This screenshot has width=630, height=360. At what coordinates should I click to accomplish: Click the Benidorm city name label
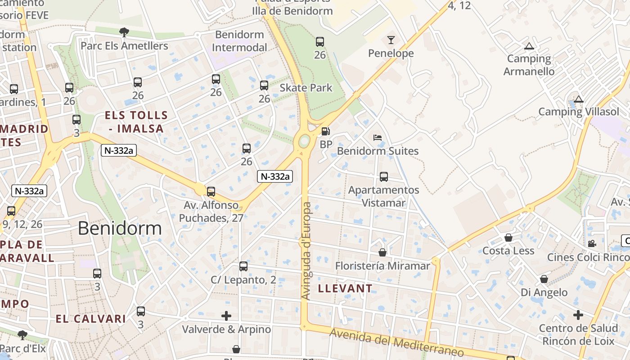[120, 229]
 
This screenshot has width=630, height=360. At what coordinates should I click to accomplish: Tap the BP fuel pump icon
[325, 131]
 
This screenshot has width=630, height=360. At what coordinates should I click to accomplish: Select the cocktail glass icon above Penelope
[391, 40]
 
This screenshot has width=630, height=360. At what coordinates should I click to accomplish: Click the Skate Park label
[306, 88]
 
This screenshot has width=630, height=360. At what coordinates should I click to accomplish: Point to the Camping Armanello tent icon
[529, 46]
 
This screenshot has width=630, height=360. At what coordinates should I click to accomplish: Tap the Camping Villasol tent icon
[579, 99]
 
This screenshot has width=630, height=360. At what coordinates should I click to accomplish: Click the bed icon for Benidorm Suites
[378, 138]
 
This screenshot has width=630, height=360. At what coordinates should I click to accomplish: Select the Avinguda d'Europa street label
[306, 251]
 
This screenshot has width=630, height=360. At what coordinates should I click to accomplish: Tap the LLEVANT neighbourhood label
[346, 288]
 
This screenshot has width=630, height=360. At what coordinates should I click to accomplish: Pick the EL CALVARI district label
[91, 319]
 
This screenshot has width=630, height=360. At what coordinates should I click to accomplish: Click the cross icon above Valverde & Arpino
[226, 316]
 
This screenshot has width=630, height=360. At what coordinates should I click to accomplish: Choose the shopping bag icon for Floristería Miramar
[382, 252]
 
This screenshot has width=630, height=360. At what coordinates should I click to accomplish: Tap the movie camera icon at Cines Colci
[592, 243]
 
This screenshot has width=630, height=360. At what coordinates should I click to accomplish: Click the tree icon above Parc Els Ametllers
[124, 32]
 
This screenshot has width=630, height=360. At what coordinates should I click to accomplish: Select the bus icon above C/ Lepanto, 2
[243, 266]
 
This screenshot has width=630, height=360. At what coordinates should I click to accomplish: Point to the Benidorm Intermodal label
[239, 41]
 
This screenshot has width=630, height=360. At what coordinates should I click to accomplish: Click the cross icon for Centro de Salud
[578, 315]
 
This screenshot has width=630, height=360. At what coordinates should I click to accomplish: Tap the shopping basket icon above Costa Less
[508, 237]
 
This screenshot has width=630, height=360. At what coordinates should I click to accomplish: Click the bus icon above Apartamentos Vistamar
[384, 177]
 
